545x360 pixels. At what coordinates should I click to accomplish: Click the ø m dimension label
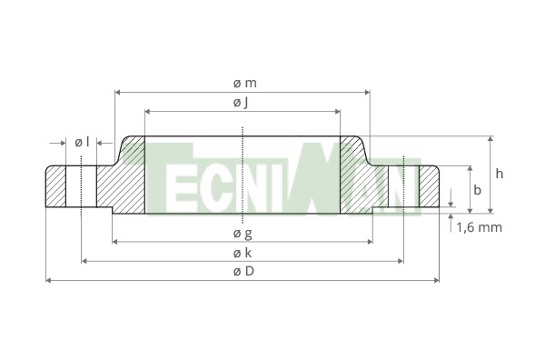(245, 84)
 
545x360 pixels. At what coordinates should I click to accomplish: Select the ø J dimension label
(241, 103)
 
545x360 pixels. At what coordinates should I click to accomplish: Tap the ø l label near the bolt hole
(82, 142)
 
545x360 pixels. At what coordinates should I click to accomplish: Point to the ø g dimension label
(243, 234)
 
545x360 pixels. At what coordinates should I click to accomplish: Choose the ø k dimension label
(243, 253)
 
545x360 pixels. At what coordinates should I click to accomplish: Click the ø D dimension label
(243, 271)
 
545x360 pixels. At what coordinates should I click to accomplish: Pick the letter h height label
(499, 174)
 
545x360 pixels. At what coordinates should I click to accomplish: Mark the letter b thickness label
(478, 190)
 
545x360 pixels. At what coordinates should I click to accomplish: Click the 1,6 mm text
(480, 227)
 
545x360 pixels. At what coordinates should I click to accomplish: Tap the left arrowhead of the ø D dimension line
(49, 280)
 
